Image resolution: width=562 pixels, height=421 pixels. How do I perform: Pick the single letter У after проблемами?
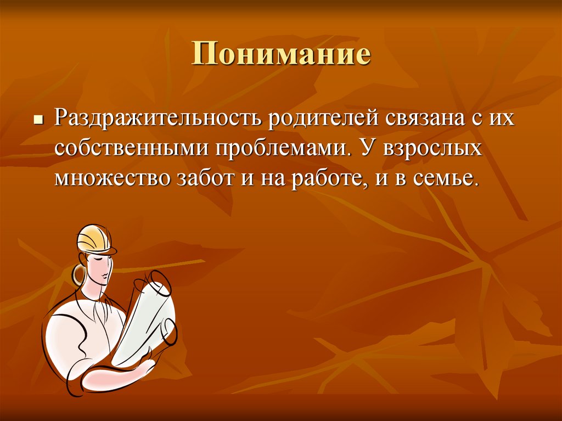click(x=367, y=149)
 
